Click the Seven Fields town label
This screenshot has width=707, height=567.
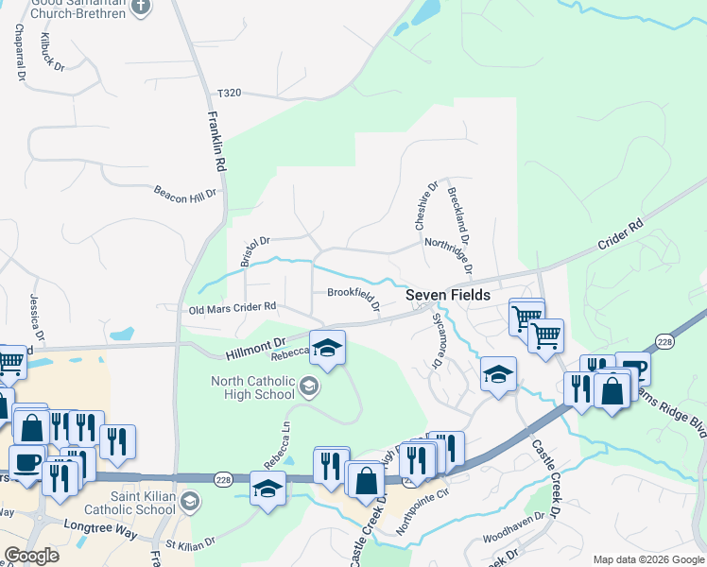(448, 295)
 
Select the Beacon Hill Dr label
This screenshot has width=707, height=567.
(185, 191)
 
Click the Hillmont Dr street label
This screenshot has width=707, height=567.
(254, 348)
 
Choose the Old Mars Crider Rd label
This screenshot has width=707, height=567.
(233, 307)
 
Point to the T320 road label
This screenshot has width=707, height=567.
(230, 93)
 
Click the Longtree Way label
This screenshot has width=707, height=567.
(89, 525)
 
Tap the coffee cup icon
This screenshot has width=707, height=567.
(26, 462)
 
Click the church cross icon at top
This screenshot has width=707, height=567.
(141, 7)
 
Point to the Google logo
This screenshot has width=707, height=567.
(30, 556)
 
